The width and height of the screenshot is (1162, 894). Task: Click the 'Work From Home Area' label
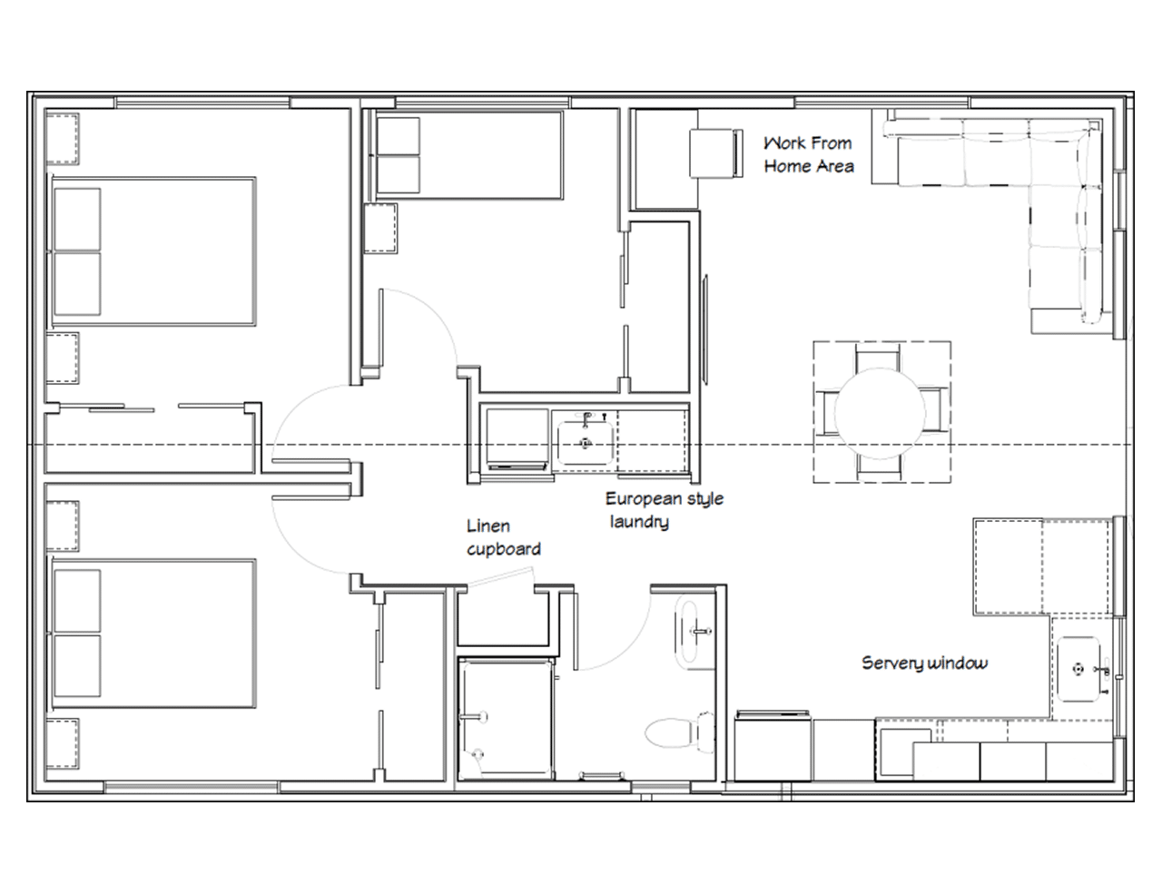pos(808,154)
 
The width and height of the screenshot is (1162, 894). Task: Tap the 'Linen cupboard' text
pos(503,537)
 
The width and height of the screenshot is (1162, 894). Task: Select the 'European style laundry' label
pos(664,509)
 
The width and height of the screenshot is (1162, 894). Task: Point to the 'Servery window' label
pos(924,663)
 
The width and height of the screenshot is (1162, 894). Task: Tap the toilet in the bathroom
pos(680,732)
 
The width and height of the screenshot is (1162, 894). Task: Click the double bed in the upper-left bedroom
pos(153,251)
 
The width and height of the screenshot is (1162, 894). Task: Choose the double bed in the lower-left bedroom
pos(153,633)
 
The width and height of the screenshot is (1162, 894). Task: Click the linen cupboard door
pos(496,580)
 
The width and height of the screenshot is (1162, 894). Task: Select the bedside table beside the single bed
pos(381,229)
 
